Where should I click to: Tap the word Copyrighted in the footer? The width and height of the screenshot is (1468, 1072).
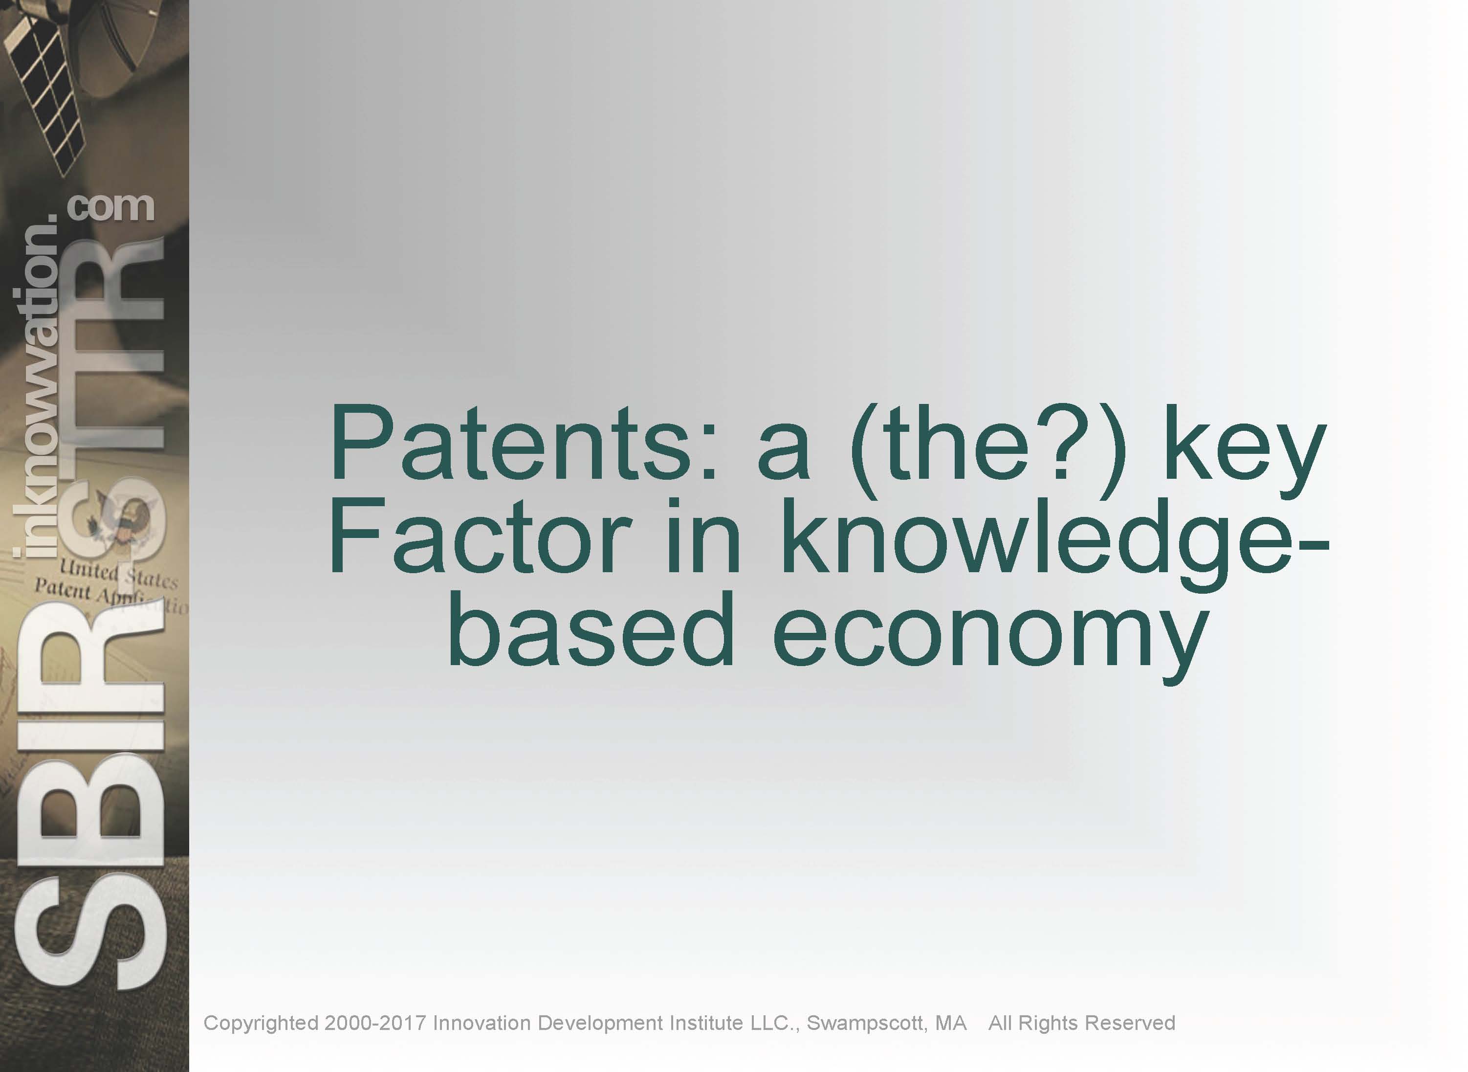pos(261,1023)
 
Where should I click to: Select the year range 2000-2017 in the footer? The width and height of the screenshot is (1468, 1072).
pos(375,1023)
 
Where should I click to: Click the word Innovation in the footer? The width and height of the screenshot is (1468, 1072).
pos(482,1023)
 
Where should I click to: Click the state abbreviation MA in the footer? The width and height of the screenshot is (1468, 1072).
pos(951,1023)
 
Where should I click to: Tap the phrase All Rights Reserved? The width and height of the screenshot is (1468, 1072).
pos(1082,1023)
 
